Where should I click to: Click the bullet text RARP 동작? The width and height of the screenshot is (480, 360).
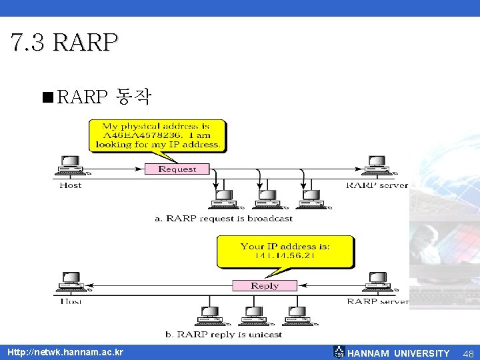(105, 98)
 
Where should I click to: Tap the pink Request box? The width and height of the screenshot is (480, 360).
(177, 169)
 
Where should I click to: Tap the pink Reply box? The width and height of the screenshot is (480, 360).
(265, 285)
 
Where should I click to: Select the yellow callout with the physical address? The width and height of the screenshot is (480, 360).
(157, 135)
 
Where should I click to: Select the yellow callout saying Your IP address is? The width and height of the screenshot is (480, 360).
(285, 251)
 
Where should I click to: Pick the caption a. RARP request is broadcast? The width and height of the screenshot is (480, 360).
(223, 218)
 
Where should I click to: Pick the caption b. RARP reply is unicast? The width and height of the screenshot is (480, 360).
(223, 334)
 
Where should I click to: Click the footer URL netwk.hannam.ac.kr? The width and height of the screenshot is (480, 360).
(65, 351)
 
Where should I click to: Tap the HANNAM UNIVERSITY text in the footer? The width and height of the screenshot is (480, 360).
(399, 353)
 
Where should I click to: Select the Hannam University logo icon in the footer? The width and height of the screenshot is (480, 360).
(339, 352)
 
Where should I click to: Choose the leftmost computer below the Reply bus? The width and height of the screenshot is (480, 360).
(209, 315)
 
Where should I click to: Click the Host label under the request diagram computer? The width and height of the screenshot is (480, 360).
(70, 185)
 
